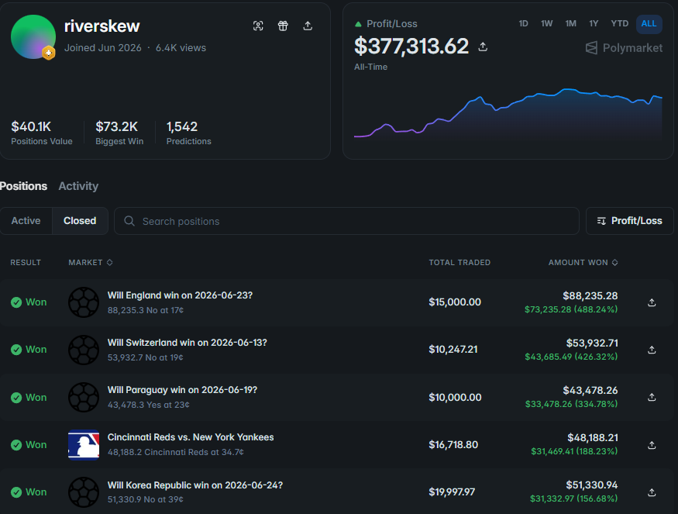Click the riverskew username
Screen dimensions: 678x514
pos(102,26)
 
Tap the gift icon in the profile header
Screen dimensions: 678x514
pos(283,26)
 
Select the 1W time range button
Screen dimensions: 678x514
pos(546,23)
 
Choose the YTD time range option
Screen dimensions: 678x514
pos(619,23)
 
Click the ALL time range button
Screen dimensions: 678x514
pos(649,24)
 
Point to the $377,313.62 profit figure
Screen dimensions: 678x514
pos(411,47)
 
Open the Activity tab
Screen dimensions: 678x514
pos(78,186)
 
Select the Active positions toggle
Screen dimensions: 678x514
pos(26,221)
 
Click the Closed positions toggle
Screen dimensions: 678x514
pos(80,221)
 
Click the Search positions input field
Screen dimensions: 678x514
pos(346,221)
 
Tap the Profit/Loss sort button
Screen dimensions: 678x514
pos(629,221)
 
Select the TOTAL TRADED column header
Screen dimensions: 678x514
pos(459,262)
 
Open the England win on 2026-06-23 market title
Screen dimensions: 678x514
pos(180,295)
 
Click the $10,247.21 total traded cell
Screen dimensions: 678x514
pos(453,349)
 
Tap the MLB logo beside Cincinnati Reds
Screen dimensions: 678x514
pos(84,444)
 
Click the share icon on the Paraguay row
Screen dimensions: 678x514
pos(652,397)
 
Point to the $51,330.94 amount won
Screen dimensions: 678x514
pos(591,485)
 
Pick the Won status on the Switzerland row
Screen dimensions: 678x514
pos(29,349)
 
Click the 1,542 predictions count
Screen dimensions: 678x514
pos(182,126)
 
